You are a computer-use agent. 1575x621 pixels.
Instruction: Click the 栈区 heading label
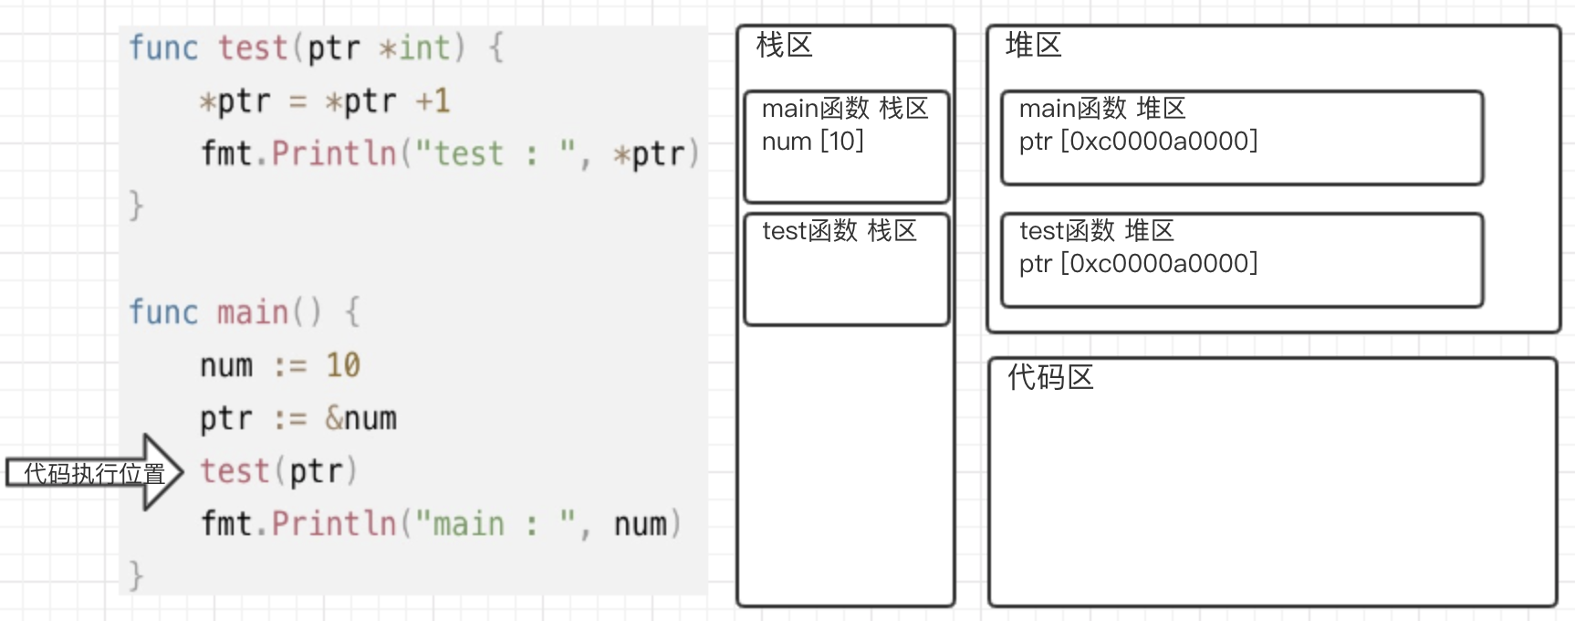[784, 46]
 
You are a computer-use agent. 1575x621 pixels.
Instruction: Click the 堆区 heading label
[1033, 46]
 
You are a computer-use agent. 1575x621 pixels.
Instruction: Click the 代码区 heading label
[1050, 378]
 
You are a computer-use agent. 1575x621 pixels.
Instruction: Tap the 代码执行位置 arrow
[95, 472]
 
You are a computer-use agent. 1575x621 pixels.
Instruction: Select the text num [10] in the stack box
[812, 142]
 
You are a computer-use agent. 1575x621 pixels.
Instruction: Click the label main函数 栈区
[844, 109]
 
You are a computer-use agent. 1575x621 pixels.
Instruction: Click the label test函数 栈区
[839, 231]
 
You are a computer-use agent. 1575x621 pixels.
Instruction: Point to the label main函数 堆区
[1101, 109]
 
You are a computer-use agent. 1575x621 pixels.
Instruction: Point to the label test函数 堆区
[1096, 231]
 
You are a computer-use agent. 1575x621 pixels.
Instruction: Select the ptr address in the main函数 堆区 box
[1138, 142]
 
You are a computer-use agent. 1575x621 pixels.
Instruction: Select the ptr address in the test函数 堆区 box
[1138, 264]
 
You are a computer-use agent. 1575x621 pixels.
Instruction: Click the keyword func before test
[163, 47]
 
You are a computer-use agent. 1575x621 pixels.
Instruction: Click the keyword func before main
[163, 312]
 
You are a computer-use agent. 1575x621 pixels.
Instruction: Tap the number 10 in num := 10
[343, 365]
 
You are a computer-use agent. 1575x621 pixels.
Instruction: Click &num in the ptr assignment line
[360, 418]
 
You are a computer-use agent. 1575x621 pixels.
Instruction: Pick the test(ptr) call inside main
[278, 471]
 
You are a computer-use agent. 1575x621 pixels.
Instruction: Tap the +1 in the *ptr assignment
[433, 100]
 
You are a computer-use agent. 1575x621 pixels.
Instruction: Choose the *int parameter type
[414, 47]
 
